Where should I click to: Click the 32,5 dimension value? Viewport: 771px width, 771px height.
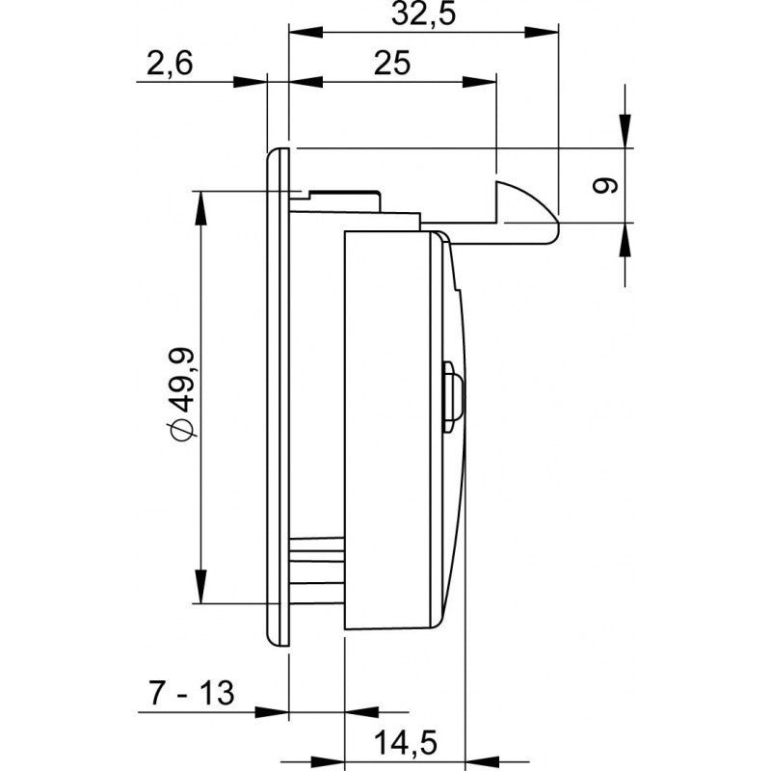pyautogui.click(x=424, y=13)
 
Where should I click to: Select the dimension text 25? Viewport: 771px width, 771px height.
pyautogui.click(x=392, y=63)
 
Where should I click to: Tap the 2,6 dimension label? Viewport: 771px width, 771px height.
pyautogui.click(x=170, y=64)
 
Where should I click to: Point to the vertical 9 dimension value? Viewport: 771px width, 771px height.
pyautogui.click(x=604, y=186)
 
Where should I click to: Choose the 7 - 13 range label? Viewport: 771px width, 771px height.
pyautogui.click(x=191, y=693)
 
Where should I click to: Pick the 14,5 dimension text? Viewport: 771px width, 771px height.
pyautogui.click(x=406, y=742)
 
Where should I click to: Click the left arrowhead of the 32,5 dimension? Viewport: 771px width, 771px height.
pyautogui.click(x=306, y=33)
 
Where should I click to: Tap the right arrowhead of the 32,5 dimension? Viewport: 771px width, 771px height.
pyautogui.click(x=542, y=33)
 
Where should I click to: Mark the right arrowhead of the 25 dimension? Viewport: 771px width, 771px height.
pyautogui.click(x=479, y=82)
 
